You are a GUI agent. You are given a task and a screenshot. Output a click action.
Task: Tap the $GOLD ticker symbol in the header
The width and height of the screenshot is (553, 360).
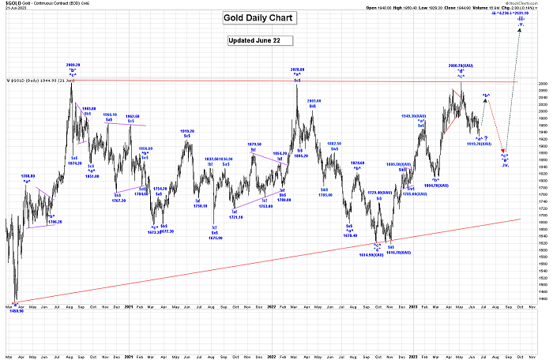pyautogui.click(x=12, y=4)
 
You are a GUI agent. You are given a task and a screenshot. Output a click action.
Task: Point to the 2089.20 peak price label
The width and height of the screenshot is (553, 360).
pyautogui.click(x=72, y=65)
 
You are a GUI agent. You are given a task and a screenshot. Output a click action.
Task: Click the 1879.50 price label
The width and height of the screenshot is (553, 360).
pyautogui.click(x=254, y=144)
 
